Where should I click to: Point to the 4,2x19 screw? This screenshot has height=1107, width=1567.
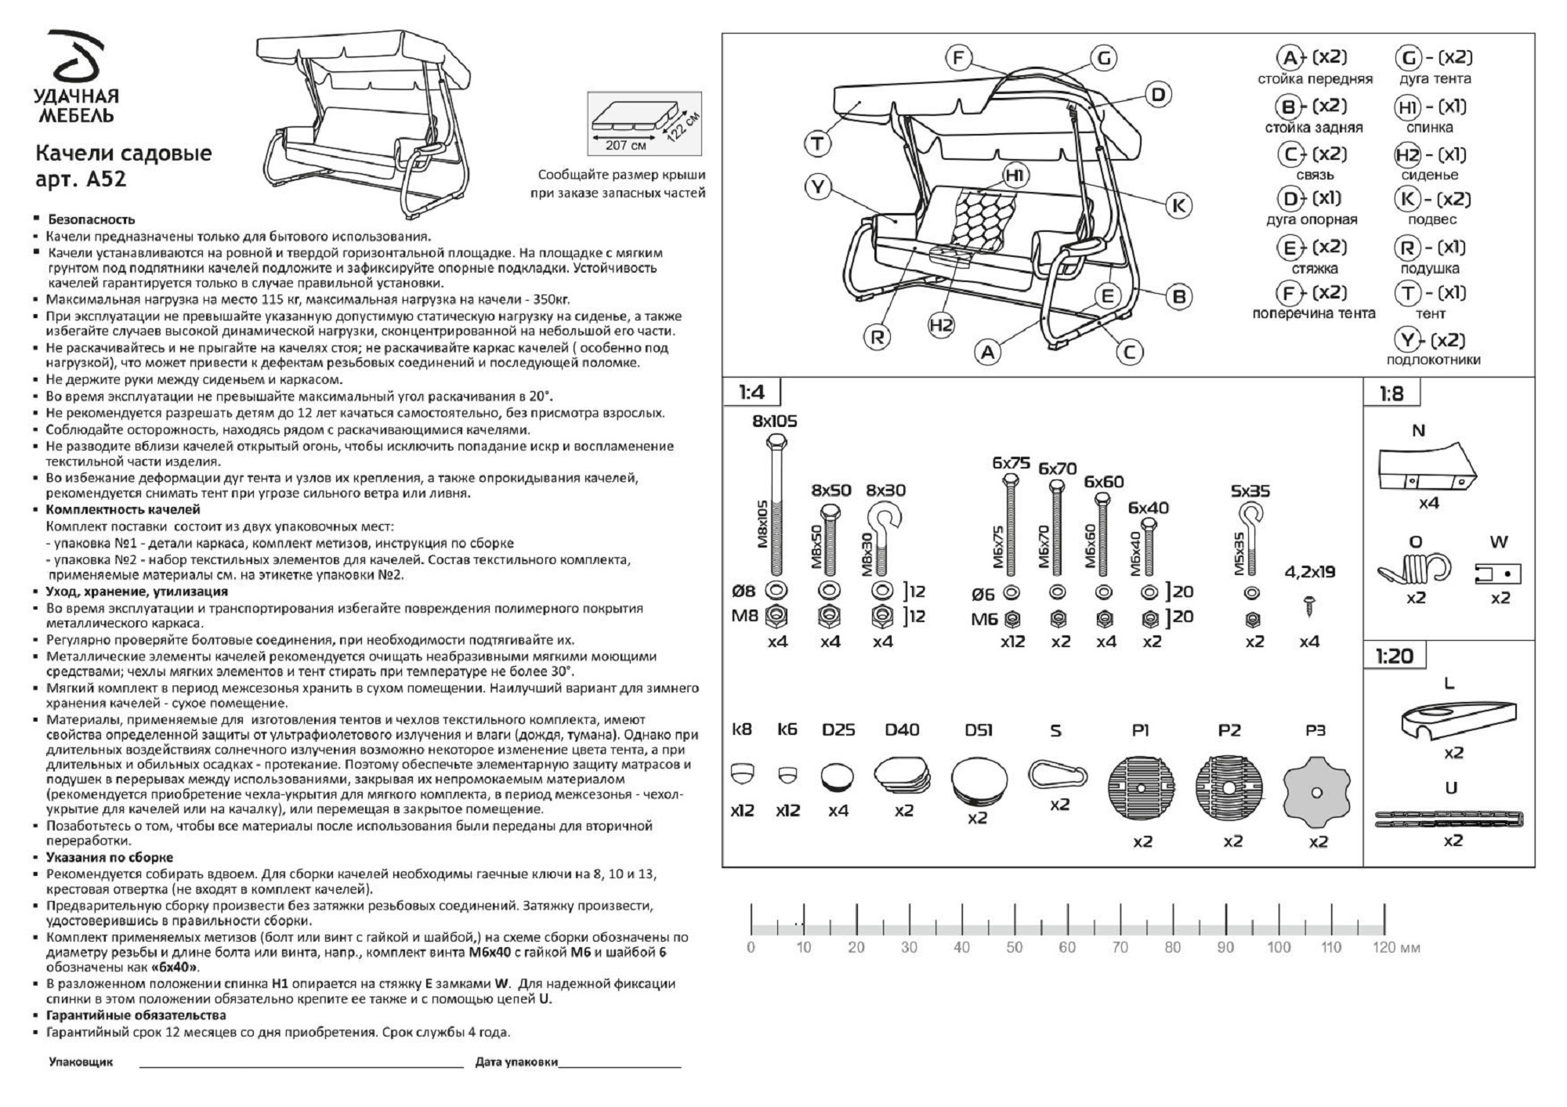[1309, 605]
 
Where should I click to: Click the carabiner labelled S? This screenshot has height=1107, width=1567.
[1059, 774]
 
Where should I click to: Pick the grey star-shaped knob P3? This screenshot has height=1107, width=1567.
[1317, 792]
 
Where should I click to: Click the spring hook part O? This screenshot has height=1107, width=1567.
[1415, 570]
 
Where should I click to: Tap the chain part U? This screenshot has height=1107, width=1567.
[1449, 819]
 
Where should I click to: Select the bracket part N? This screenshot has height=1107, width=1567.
[1426, 468]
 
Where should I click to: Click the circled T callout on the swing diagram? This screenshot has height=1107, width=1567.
[817, 143]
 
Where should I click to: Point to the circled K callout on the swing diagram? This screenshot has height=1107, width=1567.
[1178, 205]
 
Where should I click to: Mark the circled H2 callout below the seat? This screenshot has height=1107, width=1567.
[941, 324]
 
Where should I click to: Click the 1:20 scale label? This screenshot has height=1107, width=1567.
[1394, 656]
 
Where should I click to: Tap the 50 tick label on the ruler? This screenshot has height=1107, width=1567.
[1014, 947]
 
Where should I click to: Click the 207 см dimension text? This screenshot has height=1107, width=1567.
[625, 146]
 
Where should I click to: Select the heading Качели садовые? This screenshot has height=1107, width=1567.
[123, 153]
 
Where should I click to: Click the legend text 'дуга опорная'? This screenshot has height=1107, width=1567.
[1312, 220]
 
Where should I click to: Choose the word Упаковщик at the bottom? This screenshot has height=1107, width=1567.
[81, 1062]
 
